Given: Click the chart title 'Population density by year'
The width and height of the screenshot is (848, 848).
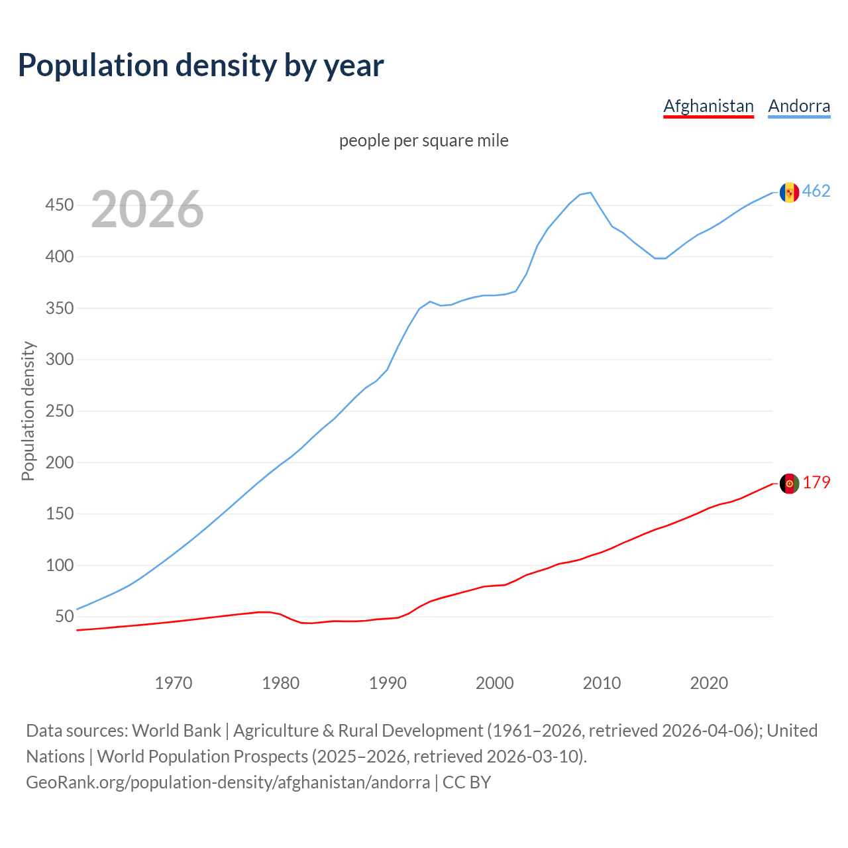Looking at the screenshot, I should pyautogui.click(x=201, y=66).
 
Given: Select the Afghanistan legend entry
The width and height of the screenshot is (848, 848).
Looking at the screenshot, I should pyautogui.click(x=708, y=106).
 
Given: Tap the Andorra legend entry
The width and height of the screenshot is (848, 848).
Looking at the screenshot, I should pyautogui.click(x=799, y=106).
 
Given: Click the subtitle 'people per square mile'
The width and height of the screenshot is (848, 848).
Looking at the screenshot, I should pyautogui.click(x=424, y=141).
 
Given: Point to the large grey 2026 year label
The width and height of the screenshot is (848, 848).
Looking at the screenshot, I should pyautogui.click(x=147, y=209).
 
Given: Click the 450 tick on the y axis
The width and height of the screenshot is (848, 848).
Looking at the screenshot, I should pyautogui.click(x=59, y=205).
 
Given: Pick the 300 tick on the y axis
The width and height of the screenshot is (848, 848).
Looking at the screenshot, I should pyautogui.click(x=59, y=360).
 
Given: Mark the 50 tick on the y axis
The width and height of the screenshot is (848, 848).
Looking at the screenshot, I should pyautogui.click(x=64, y=617).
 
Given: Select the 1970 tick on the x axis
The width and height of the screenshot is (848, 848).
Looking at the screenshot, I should pyautogui.click(x=174, y=683).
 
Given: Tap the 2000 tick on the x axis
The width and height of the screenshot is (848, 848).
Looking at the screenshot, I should pyautogui.click(x=495, y=683).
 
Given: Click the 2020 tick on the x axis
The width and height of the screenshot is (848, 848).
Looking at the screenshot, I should pyautogui.click(x=709, y=683).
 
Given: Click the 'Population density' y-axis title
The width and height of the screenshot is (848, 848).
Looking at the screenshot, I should pyautogui.click(x=28, y=411).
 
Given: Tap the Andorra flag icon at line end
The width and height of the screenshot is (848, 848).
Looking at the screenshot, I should pyautogui.click(x=789, y=192).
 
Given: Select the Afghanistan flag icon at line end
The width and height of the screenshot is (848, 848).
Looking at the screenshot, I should pyautogui.click(x=789, y=484).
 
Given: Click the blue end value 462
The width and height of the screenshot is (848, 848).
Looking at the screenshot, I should pyautogui.click(x=816, y=191).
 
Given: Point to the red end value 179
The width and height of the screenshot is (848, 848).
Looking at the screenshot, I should pyautogui.click(x=816, y=483).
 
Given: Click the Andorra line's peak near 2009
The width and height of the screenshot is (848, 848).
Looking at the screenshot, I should pyautogui.click(x=590, y=193).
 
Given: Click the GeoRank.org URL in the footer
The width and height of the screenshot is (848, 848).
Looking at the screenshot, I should pyautogui.click(x=228, y=782).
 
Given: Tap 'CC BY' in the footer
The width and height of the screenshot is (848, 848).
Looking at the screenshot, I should pyautogui.click(x=467, y=782).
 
